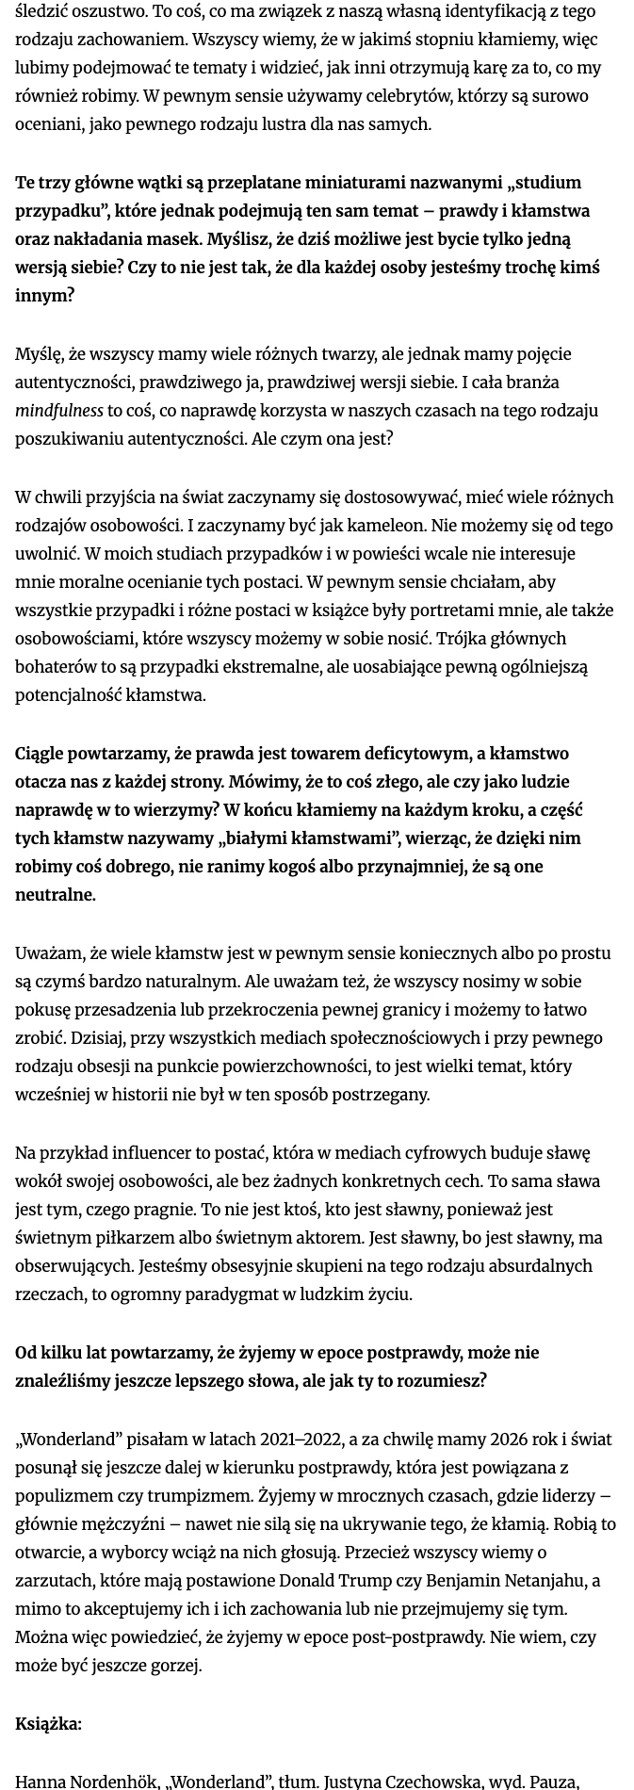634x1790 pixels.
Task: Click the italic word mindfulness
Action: [59, 411]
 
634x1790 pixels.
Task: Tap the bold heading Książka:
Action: [48, 1724]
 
